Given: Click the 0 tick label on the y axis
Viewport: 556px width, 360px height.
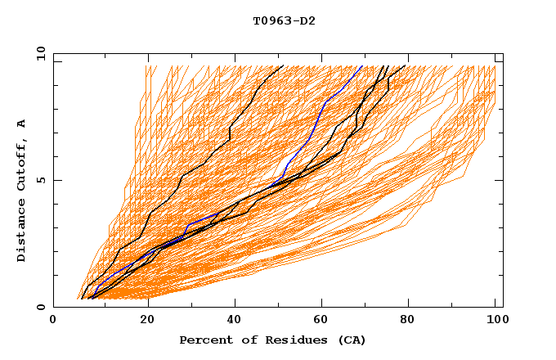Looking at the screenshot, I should [40, 307].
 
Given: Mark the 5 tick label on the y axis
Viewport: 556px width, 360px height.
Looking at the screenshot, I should [40, 180].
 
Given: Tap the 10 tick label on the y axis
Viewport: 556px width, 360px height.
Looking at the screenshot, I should [38, 53].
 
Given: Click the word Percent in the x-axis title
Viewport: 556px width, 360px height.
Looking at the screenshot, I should [204, 340].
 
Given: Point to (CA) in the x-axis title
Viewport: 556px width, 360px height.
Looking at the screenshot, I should [350, 340].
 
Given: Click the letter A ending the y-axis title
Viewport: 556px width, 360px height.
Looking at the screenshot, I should [22, 124].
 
